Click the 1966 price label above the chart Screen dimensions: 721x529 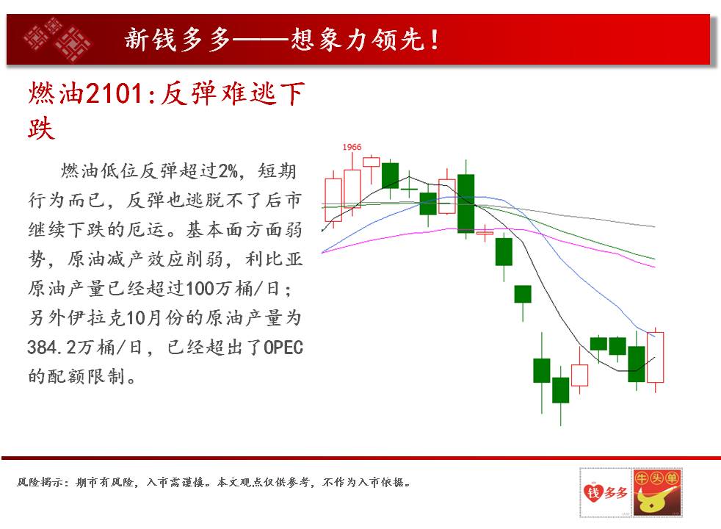(352, 147)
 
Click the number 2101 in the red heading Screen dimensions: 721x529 (115, 93)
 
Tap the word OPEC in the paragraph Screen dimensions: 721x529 (283, 348)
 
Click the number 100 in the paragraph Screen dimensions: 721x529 (200, 289)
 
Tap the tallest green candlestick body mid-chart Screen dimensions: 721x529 (465, 204)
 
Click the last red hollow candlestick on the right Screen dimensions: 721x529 (655, 357)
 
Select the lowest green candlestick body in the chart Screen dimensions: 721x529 (560, 390)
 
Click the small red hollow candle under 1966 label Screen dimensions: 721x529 (371, 162)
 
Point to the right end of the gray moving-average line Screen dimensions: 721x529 (655, 227)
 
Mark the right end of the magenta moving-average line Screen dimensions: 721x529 (655, 267)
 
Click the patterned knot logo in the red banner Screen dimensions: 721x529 (57, 39)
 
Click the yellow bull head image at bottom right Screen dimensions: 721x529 (656, 500)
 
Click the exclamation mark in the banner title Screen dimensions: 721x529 (434, 40)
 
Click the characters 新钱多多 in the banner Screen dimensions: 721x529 (177, 40)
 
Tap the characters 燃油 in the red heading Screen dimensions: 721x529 (56, 93)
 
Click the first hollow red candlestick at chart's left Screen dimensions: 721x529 (333, 200)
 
